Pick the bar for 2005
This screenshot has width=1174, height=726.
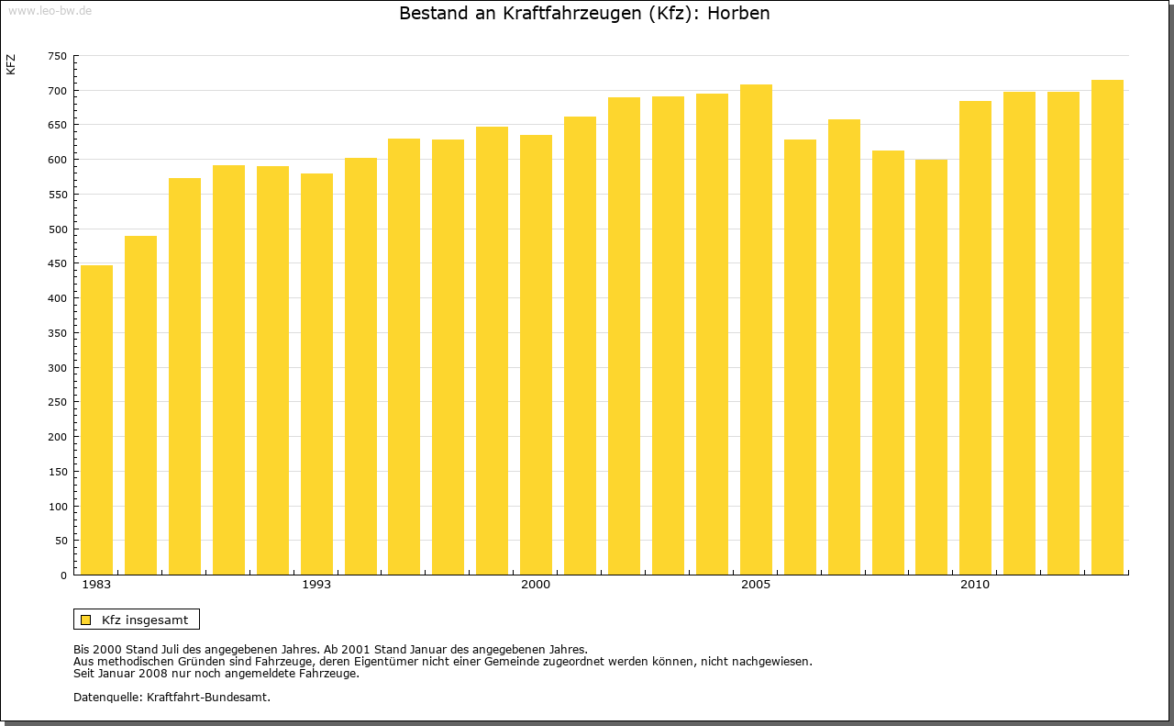point(756,329)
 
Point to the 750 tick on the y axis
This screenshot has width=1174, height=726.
point(57,56)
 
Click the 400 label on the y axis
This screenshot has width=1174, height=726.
point(57,298)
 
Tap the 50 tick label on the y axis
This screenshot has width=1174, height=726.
point(60,541)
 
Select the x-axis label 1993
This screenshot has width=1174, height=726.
point(316,585)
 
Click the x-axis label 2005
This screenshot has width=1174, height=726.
point(756,585)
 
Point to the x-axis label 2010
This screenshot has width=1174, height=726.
point(975,585)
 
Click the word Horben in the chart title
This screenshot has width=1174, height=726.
point(738,14)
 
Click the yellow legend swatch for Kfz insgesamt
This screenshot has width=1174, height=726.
point(85,620)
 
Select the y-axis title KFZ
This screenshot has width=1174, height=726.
point(11,65)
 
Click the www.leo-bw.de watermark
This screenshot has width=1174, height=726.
point(50,10)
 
